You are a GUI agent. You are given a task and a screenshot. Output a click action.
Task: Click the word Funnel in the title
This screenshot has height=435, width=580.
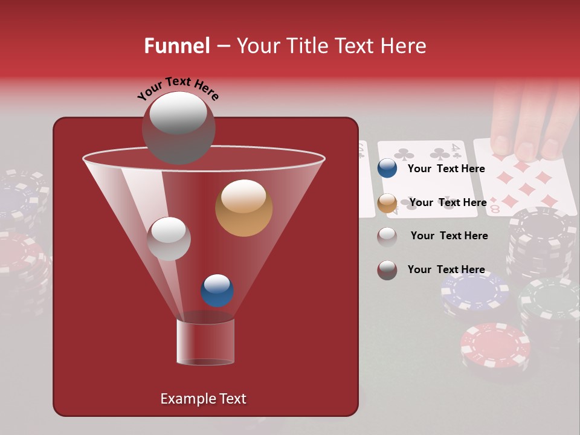coord(177,46)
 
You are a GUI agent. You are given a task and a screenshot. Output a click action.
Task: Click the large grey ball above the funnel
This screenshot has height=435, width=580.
coord(178,127)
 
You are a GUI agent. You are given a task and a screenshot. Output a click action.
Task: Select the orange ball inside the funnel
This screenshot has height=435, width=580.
coord(243,208)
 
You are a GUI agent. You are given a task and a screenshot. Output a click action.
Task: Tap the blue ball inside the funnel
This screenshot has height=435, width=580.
coord(217,291)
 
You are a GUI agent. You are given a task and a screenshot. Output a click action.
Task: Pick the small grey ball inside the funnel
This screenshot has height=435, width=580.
coord(169,239)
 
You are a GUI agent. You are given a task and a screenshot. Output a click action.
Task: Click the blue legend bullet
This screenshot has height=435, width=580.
coord(387,169)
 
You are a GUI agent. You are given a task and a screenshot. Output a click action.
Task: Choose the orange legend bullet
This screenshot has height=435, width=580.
coord(387,203)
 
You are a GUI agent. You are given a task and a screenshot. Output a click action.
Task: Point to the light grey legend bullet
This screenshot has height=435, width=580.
coord(387,236)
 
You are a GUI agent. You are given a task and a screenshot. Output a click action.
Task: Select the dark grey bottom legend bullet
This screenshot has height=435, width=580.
coord(387,270)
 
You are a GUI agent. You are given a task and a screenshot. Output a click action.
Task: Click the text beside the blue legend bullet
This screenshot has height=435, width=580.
coord(446,169)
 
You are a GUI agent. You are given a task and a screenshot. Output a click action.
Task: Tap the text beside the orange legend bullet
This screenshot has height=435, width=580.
coord(448,202)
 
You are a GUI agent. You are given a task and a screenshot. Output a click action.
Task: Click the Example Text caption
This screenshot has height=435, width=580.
coord(203,399)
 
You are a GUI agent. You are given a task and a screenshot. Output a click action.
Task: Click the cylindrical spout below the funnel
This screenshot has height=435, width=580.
coord(205,341)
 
